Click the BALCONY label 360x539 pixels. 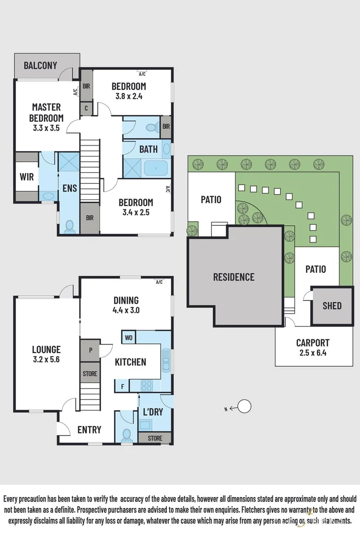point(40,66)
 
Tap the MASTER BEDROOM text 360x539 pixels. point(47,112)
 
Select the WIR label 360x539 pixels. point(26,177)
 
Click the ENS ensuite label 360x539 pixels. point(69,188)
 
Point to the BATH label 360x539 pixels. point(149,150)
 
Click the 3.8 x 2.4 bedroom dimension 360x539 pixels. point(129,96)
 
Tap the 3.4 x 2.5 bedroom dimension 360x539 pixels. point(136,212)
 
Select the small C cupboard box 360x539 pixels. point(86,108)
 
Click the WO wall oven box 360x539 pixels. point(128,337)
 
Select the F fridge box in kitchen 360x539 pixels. point(122,386)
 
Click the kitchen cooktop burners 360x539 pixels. point(147,385)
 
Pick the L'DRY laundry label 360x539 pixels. point(153,412)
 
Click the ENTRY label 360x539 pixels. point(89,430)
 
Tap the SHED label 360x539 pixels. point(332,306)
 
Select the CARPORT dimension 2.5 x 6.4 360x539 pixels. point(313,353)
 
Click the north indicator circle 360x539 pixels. point(245,406)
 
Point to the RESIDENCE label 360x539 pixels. point(234,277)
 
